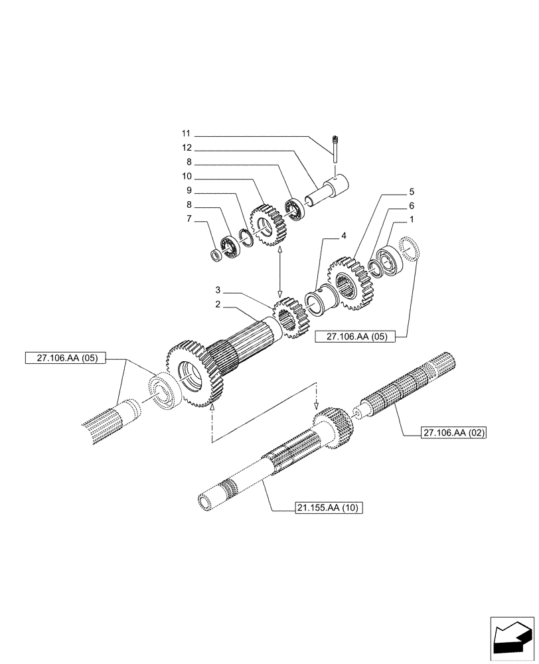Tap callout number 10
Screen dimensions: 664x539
point(187,177)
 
